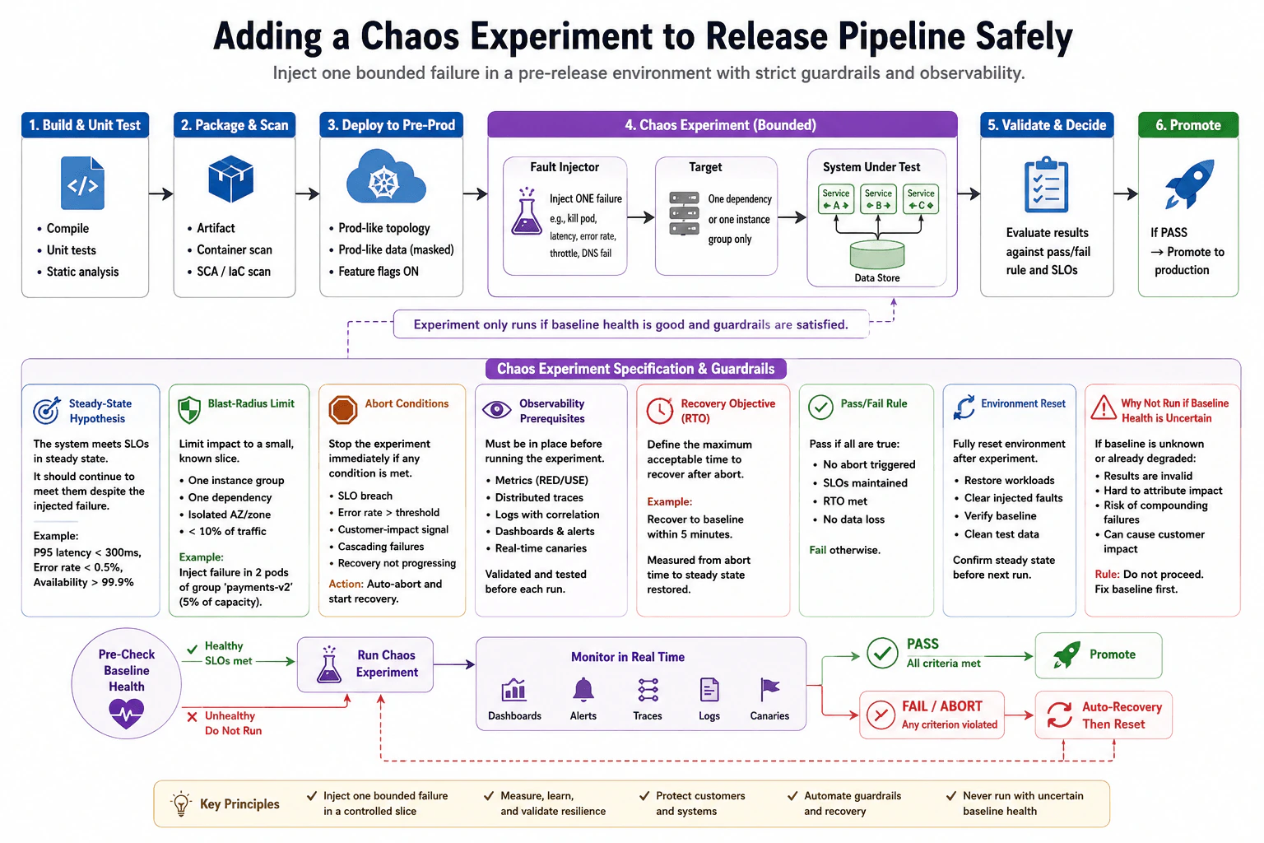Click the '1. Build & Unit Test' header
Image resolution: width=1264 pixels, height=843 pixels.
tap(86, 125)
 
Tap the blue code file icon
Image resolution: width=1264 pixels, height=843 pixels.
tap(82, 183)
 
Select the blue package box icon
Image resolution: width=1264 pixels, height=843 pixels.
tap(230, 179)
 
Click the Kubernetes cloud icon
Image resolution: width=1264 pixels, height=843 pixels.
tap(386, 177)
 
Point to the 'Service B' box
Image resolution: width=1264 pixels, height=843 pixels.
tap(878, 198)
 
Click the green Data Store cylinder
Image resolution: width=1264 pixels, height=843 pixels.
tap(877, 254)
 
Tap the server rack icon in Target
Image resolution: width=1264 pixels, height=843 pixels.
tap(684, 213)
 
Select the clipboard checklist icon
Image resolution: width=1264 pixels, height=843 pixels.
tap(1046, 184)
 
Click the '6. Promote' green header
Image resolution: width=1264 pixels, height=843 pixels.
tap(1188, 125)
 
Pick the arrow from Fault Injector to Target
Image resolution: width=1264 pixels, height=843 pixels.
tap(641, 217)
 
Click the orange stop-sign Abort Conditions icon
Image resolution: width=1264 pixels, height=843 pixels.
tap(343, 410)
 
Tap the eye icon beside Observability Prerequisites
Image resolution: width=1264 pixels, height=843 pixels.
tap(496, 409)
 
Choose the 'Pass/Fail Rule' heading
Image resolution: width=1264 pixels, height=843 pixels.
tap(873, 403)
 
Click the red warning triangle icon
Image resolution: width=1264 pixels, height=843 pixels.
tap(1104, 408)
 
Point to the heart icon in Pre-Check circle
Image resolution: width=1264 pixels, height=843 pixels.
tap(127, 714)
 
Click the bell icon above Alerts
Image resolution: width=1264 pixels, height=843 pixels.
tap(583, 690)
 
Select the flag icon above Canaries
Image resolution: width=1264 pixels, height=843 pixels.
tap(769, 690)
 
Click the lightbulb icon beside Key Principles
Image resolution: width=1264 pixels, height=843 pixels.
tap(180, 803)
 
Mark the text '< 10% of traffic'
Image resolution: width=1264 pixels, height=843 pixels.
tap(227, 531)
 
